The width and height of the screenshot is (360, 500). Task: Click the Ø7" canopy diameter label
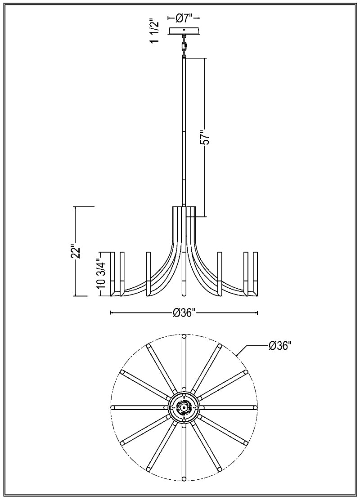pos(184,19)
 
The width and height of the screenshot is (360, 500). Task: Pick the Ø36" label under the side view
pos(184,313)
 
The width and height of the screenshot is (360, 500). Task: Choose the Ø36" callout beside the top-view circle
pos(280,346)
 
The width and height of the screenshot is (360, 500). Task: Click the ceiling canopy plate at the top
pos(184,31)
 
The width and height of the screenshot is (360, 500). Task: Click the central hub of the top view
pos(184,407)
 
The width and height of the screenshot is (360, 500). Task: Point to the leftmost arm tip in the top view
pos(112,407)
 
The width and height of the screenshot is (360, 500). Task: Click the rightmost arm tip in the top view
pos(255,407)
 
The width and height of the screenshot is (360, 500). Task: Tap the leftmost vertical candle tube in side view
pos(112,273)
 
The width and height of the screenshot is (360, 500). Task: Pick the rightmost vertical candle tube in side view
pos(255,273)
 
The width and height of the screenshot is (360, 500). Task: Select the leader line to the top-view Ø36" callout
pos(252,348)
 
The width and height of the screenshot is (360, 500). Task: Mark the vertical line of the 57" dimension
pos(204,138)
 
